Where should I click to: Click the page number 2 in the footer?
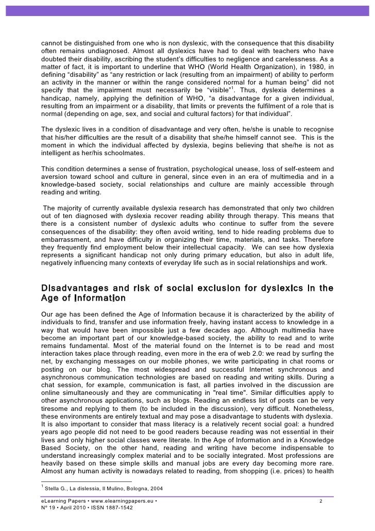[x=321, y=501]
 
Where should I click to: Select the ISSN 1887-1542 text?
[x=110, y=509]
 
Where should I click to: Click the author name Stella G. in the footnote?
[x=58, y=488]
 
